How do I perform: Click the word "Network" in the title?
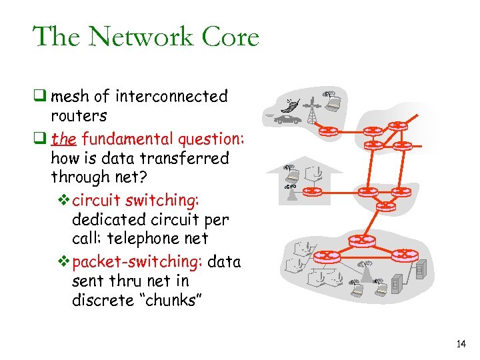click(x=143, y=37)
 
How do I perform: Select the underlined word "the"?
click(x=63, y=139)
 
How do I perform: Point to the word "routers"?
click(x=79, y=115)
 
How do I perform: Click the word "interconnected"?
click(x=171, y=97)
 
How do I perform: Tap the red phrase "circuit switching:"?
click(x=136, y=201)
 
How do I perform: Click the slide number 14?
click(x=461, y=345)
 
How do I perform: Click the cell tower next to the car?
click(x=312, y=111)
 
